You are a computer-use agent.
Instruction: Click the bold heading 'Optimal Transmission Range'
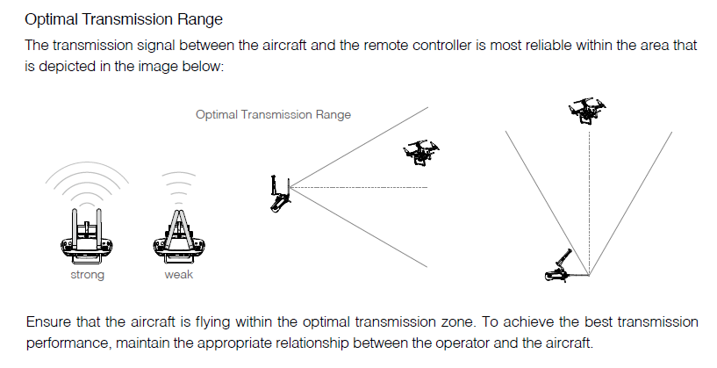pos(124,19)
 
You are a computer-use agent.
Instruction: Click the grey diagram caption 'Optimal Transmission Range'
pos(274,114)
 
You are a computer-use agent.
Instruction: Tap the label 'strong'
pos(88,275)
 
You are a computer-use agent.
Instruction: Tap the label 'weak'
pos(179,274)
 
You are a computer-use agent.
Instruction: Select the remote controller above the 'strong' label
pos(88,237)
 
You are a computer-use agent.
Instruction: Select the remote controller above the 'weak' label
pos(179,237)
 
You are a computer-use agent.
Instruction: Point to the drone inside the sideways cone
pos(420,152)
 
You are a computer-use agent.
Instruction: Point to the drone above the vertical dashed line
pos(587,111)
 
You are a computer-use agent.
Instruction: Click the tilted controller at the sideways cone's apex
pos(280,193)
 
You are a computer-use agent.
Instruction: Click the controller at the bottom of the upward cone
pos(560,267)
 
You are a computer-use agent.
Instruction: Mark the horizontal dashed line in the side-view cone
pos(359,187)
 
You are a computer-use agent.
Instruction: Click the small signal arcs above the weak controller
pos(179,174)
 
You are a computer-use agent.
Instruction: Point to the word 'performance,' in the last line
pos(68,343)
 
